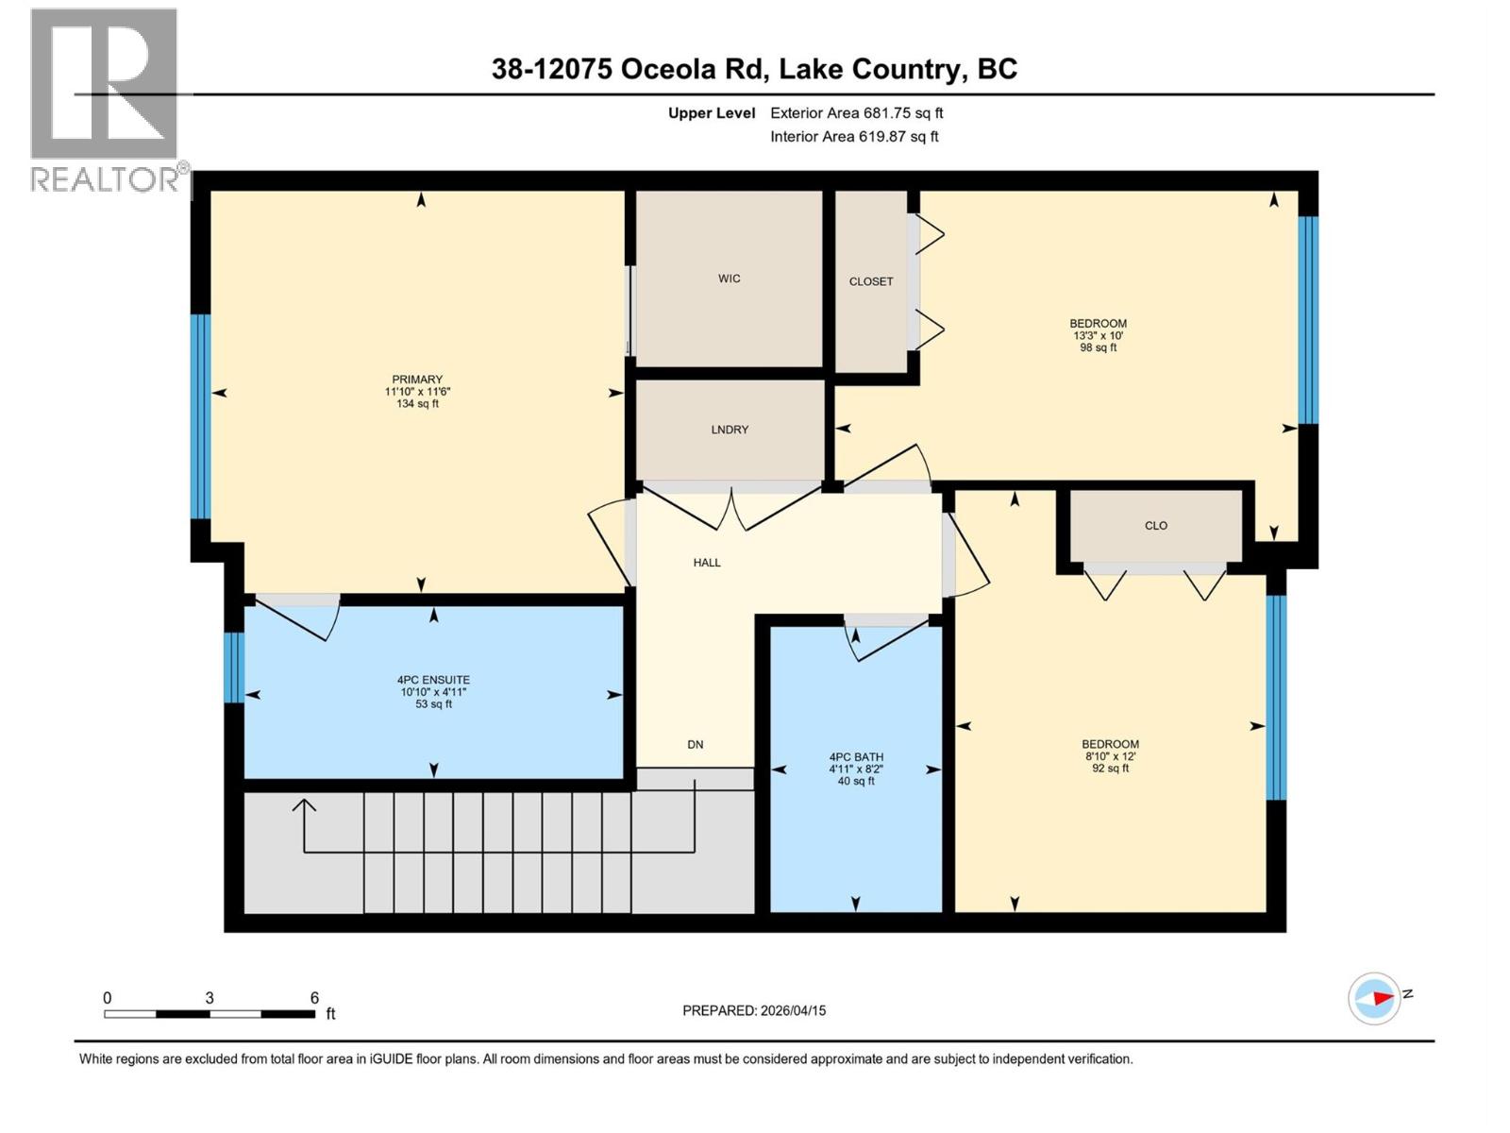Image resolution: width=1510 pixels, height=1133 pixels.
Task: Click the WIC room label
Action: click(729, 279)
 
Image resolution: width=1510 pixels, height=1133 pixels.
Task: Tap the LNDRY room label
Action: click(730, 430)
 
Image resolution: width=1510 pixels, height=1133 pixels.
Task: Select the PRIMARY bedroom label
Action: click(417, 380)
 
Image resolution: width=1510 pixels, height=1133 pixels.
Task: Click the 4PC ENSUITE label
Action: click(433, 680)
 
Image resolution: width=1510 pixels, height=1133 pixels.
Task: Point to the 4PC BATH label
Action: click(856, 757)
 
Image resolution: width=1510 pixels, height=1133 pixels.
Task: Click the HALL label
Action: click(707, 563)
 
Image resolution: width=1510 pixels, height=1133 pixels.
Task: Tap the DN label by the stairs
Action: click(696, 745)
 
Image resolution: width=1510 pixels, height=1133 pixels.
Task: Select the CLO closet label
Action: click(1156, 526)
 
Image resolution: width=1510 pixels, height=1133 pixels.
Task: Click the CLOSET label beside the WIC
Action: click(871, 281)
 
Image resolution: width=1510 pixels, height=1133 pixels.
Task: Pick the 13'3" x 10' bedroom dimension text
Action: click(1098, 335)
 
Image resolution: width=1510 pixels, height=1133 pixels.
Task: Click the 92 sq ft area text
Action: click(1110, 769)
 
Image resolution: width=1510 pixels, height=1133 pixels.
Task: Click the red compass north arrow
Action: click(1381, 997)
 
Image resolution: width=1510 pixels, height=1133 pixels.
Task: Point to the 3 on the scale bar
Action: click(210, 998)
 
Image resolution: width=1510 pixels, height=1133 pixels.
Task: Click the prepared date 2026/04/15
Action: click(793, 1010)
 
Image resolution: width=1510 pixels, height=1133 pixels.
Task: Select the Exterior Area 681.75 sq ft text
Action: click(856, 113)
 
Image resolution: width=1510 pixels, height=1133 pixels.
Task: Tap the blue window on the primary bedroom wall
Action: click(200, 416)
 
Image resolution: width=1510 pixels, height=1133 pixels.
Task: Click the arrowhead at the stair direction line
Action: click(304, 805)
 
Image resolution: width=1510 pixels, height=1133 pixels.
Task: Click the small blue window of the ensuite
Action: click(234, 668)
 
